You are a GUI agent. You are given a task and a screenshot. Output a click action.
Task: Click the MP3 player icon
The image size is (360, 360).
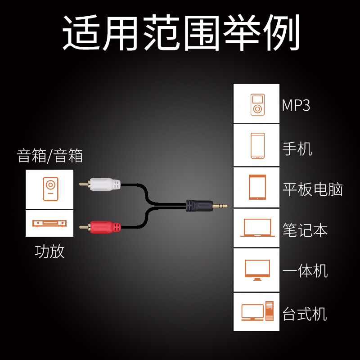257,104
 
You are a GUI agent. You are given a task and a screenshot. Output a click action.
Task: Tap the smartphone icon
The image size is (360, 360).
257,146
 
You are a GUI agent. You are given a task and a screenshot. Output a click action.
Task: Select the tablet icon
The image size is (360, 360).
257,187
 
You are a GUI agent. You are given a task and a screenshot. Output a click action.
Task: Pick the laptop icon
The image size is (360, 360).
257,228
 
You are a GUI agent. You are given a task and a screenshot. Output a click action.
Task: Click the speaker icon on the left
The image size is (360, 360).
50,189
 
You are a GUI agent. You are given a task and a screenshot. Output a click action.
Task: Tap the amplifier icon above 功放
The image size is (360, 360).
49,223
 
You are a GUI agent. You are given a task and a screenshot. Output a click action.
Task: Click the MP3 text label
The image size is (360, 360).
296,105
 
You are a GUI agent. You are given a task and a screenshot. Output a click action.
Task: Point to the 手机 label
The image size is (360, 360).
297,148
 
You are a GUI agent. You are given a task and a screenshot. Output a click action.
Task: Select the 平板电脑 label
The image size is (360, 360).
313,189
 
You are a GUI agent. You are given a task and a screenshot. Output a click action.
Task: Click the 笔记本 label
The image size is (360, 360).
305,230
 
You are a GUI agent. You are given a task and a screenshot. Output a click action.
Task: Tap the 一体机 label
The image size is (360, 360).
305,271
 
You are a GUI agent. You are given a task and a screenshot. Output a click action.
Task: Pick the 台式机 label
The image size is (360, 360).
305,313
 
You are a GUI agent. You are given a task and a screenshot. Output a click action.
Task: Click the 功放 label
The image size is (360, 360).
49,251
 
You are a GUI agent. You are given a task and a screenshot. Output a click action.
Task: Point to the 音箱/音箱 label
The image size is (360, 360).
50,156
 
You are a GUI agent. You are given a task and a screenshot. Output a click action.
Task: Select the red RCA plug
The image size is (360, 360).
104,226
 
